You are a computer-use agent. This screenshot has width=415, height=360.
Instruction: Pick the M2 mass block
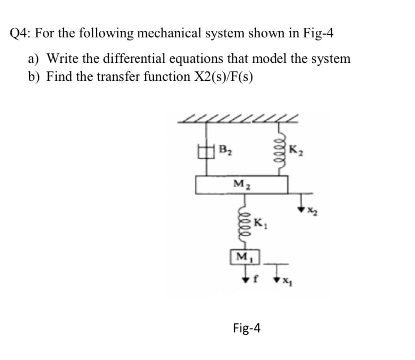tap(242, 185)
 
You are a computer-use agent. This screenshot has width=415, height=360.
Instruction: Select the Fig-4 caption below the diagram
tap(246, 328)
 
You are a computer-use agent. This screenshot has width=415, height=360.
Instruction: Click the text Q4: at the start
tap(21, 34)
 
